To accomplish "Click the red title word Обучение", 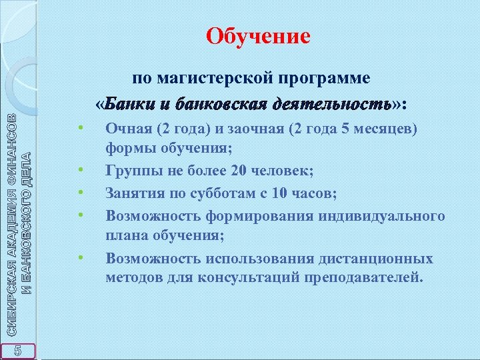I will click(x=258, y=35).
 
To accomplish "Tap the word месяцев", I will click(x=379, y=127).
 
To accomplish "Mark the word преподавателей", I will click(x=363, y=275).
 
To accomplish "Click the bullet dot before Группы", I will click(x=79, y=171).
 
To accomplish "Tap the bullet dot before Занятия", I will click(x=79, y=193).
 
